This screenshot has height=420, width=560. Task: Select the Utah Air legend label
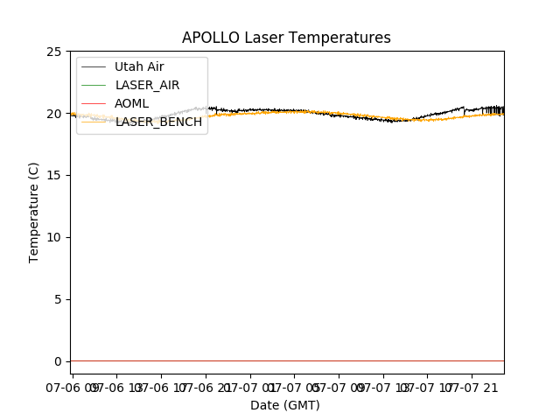pyautogui.click(x=139, y=66)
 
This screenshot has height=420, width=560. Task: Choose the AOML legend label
pyautogui.click(x=132, y=103)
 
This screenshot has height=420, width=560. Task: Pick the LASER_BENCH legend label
pyautogui.click(x=158, y=122)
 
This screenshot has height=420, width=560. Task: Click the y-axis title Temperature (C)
pyautogui.click(x=34, y=212)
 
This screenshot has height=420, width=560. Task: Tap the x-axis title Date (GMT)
pyautogui.click(x=285, y=405)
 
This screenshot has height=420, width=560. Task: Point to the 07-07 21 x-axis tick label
pyautogui.click(x=477, y=386)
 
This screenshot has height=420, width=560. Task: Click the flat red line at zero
pyautogui.click(x=289, y=360)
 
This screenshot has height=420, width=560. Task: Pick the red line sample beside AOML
pyautogui.click(x=94, y=103)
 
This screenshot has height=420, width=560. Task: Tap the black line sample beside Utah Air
pyautogui.click(x=94, y=66)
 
